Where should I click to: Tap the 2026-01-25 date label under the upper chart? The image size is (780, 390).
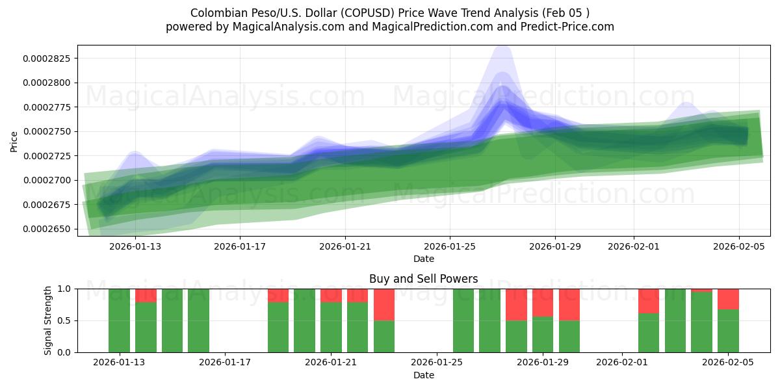tap(450, 247)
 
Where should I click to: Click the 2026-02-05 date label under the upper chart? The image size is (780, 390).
tap(739, 247)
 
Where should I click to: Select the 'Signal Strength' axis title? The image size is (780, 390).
tap(48, 320)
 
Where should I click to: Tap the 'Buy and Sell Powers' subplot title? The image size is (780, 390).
tap(423, 279)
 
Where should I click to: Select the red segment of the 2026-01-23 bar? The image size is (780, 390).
tap(384, 304)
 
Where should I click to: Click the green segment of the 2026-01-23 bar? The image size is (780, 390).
tap(384, 336)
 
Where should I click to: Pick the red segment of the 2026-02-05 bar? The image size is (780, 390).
tap(728, 299)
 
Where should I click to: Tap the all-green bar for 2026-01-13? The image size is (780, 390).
tap(119, 320)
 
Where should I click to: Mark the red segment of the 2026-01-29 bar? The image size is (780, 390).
tap(543, 302)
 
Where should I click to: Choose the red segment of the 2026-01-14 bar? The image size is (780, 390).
tap(146, 295)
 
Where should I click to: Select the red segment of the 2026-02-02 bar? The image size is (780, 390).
tap(649, 301)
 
